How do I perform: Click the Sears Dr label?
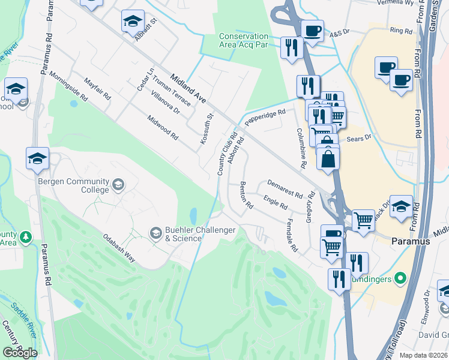[360, 137]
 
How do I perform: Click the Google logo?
[20, 353]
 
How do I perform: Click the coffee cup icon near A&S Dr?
[312, 29]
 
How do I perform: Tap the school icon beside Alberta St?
[133, 22]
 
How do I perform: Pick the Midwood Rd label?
[163, 127]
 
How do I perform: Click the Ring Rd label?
[401, 30]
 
